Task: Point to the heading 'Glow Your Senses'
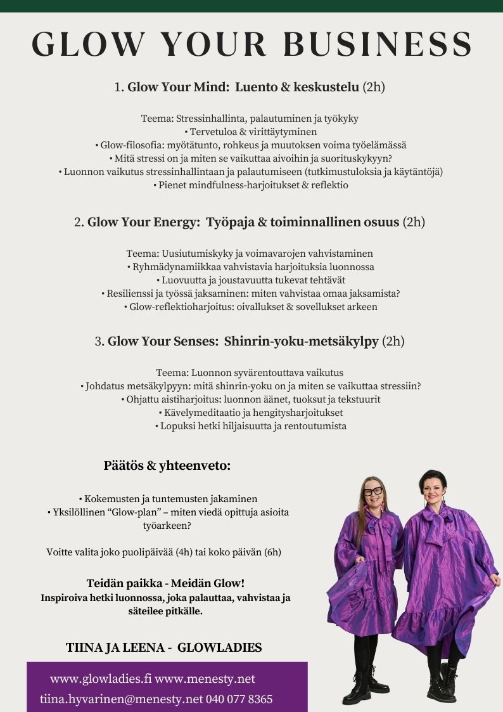[163, 341]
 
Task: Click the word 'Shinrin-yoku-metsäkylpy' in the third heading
[301, 341]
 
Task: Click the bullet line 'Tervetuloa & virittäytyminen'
[251, 132]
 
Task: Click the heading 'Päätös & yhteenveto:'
[167, 466]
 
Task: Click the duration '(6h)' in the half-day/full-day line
[272, 552]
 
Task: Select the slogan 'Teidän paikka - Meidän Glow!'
[165, 583]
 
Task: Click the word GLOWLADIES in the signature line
[219, 647]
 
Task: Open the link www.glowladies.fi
[101, 679]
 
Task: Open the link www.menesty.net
[205, 679]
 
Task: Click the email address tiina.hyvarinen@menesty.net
[121, 699]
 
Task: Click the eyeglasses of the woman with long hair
[373, 491]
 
